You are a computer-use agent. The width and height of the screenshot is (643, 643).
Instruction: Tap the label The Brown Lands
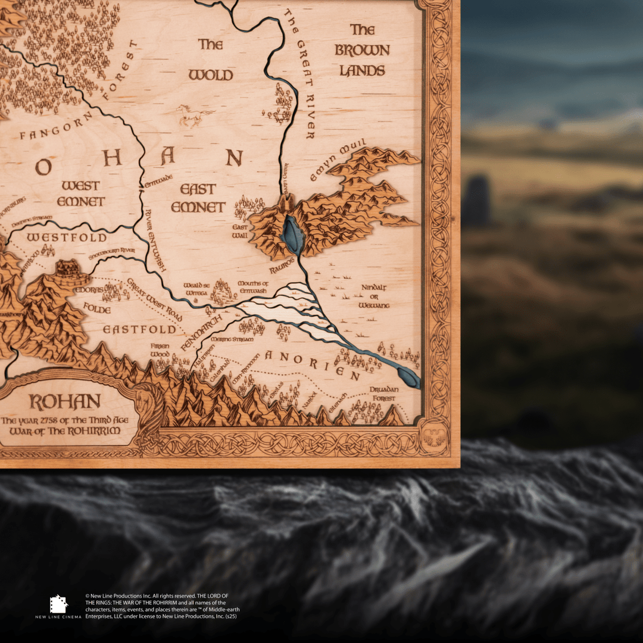tap(362, 51)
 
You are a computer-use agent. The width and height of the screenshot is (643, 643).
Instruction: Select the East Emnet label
tap(198, 198)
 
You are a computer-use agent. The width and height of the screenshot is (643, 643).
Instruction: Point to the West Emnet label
tap(80, 193)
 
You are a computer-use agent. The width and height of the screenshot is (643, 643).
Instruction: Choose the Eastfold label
tap(139, 329)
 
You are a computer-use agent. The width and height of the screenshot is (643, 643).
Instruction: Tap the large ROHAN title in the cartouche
tap(65, 402)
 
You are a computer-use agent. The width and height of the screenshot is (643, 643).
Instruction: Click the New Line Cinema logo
tap(58, 605)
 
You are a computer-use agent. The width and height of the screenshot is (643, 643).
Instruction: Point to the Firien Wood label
tap(160, 350)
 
